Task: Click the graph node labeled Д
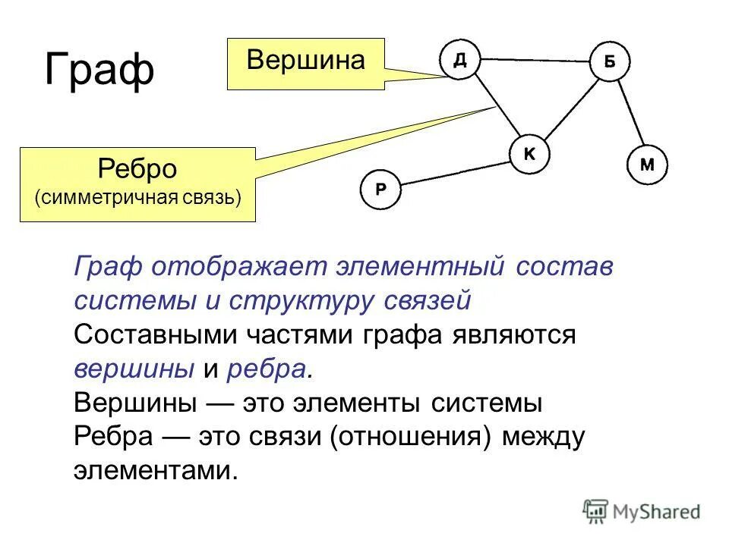[x=460, y=60]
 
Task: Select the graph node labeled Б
[x=611, y=62]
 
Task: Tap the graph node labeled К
[x=529, y=154]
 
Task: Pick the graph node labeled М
[x=647, y=165]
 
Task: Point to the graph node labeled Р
[x=380, y=190]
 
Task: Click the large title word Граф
[x=99, y=70]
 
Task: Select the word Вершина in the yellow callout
[x=305, y=60]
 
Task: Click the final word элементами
[x=156, y=471]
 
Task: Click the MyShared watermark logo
[x=642, y=511]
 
